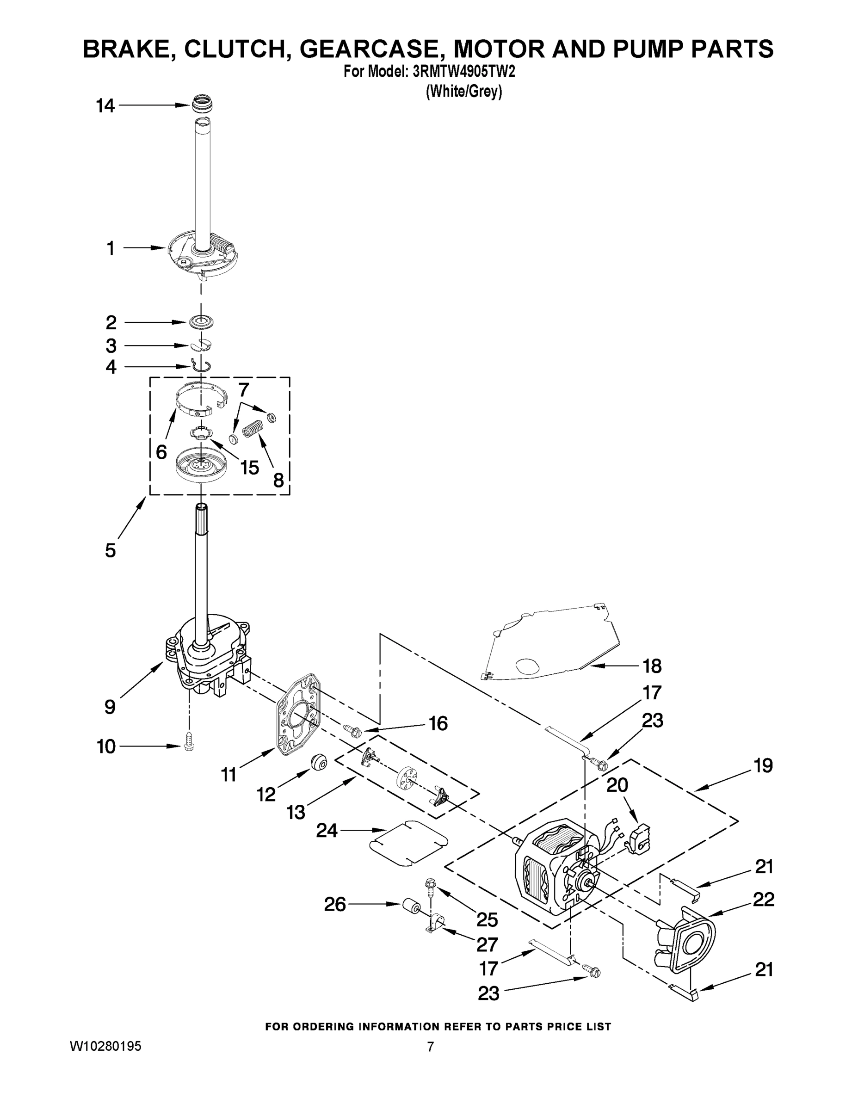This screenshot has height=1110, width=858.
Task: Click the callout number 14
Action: point(106,106)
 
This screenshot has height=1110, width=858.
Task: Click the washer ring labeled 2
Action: point(200,322)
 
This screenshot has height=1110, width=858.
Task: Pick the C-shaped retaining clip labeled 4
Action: point(201,365)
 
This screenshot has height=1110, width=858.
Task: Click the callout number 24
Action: point(327,831)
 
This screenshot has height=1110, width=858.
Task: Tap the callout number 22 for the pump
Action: point(764,899)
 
